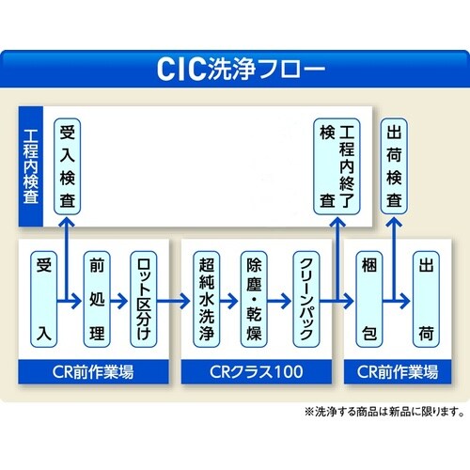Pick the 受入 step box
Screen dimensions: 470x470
point(42,299)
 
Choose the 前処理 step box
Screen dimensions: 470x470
point(96,299)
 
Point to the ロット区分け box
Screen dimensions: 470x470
point(147,299)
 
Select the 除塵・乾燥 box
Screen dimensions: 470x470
point(255,299)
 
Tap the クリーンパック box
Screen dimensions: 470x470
point(305,299)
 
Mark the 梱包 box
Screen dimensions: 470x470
point(368,299)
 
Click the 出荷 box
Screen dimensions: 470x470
point(425,299)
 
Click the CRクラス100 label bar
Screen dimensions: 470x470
point(257,371)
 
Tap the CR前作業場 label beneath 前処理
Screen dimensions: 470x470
point(95,371)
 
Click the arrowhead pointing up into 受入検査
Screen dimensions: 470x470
point(67,222)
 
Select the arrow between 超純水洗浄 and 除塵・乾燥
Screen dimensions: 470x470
point(230,301)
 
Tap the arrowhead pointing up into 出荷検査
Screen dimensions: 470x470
point(396,222)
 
